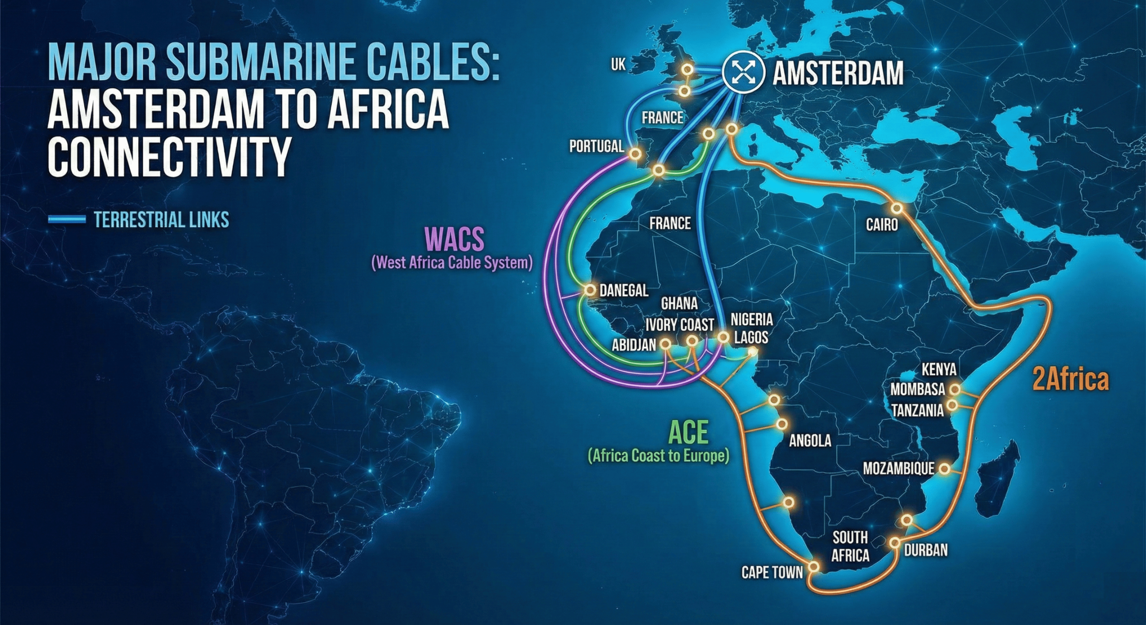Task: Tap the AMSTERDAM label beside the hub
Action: pos(838,74)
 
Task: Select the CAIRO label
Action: pos(881,224)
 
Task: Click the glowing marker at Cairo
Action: pos(897,208)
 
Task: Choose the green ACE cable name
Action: pos(688,432)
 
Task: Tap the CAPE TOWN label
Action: pos(772,572)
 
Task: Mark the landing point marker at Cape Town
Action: pos(814,567)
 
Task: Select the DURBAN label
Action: pos(926,550)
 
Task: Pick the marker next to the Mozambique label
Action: pos(944,468)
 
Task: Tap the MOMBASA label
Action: pos(917,390)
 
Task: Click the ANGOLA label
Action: pos(810,441)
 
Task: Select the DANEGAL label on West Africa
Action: pos(624,291)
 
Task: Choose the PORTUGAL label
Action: pos(596,146)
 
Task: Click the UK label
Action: pos(618,65)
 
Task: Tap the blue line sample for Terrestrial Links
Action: pos(66,219)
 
